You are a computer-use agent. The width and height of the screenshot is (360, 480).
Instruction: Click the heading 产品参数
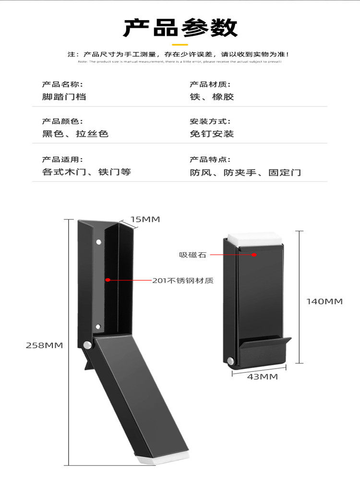pos(180,27)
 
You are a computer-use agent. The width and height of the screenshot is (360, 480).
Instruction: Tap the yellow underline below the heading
pos(180,44)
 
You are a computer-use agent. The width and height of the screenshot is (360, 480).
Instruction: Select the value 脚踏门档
pos(64,96)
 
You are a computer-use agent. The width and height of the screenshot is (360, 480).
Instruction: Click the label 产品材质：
pos(207,84)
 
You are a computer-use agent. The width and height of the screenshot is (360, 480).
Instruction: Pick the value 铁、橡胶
pos(212,96)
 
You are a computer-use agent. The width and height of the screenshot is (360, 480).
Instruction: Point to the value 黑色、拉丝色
pos(75,134)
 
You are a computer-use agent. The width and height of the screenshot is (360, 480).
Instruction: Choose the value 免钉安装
pos(212,134)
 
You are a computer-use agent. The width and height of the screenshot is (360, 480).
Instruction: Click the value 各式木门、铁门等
pos(86,172)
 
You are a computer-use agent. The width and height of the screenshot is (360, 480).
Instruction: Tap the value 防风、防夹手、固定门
pos(245,172)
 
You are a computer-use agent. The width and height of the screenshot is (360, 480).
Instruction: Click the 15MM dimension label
pos(145,219)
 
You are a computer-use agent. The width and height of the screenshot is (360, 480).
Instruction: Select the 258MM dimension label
pos(44,345)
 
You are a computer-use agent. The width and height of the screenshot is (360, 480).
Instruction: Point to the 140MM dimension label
pos(324,301)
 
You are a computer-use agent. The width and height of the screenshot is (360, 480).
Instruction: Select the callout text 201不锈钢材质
pos(182,280)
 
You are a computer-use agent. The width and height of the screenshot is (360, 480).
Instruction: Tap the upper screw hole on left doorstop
pos(98,242)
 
